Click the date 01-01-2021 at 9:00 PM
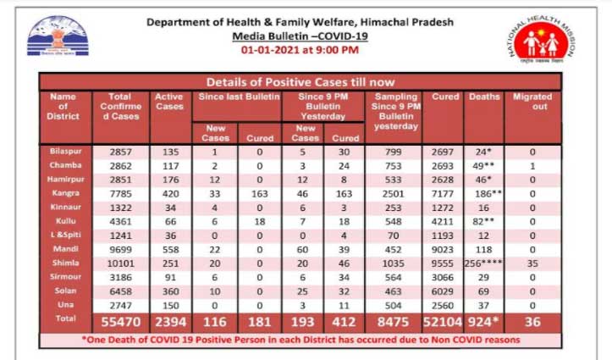tap(300, 51)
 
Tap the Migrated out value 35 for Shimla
tap(531, 263)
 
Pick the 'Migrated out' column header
tap(531, 102)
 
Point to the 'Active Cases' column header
tap(169, 102)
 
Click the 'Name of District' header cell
tap(69, 106)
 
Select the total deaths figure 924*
tap(484, 323)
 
